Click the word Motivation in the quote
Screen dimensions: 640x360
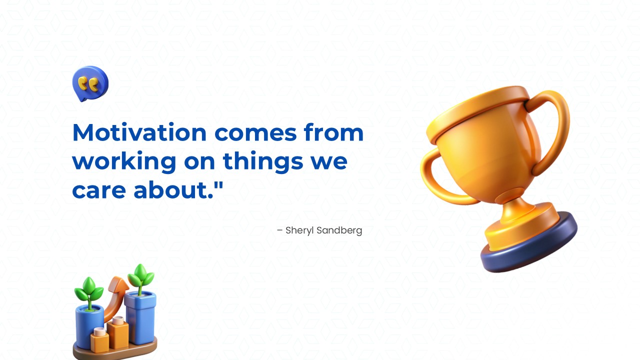point(139,132)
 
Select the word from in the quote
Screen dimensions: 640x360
point(333,132)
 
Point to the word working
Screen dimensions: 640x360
point(124,162)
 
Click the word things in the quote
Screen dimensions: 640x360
point(263,162)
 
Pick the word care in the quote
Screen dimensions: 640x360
point(99,191)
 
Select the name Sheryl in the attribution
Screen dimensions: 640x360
point(299,231)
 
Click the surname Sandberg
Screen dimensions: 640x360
point(339,230)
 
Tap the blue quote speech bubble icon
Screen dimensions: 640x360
point(90,83)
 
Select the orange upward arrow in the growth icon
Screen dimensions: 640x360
point(116,297)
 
